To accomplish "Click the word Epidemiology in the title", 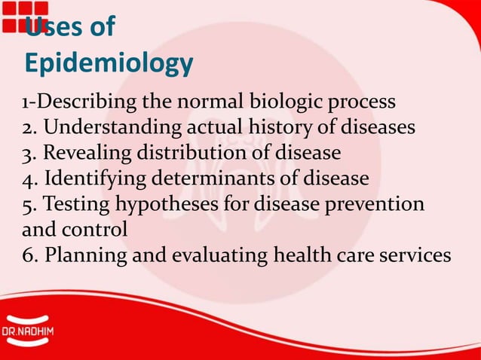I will [x=109, y=63].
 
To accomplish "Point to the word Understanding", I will [x=107, y=127].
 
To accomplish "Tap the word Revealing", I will [x=87, y=153].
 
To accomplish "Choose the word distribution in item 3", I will [x=194, y=153].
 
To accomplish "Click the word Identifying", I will [x=96, y=178].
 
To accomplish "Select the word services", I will [x=413, y=255].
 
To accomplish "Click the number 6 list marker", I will [x=29, y=255].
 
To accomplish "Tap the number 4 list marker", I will [x=29, y=178].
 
